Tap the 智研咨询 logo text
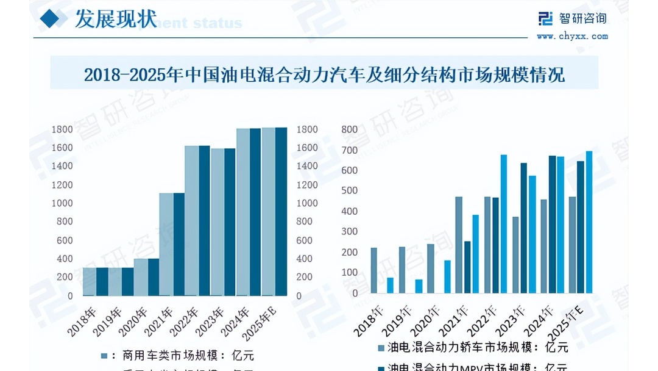(582, 18)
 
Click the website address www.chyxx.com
(572, 36)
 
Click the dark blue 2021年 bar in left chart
(179, 244)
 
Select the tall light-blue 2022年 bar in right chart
(504, 224)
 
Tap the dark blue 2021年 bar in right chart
(467, 267)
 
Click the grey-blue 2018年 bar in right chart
(373, 270)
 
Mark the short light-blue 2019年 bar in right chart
(419, 287)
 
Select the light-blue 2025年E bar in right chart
(589, 222)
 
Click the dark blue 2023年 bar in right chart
(524, 228)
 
